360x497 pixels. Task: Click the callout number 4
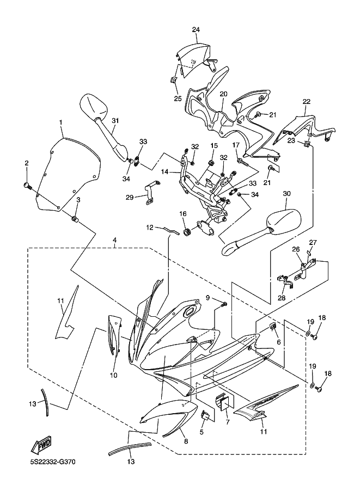(x=115, y=240)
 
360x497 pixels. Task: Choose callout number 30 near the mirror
(x=288, y=194)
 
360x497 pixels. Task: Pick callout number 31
(x=115, y=120)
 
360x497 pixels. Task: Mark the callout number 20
(x=223, y=94)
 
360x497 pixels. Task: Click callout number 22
(x=307, y=102)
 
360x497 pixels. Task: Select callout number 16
(x=184, y=214)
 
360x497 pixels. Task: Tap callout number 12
(x=150, y=227)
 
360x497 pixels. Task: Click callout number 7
(x=227, y=422)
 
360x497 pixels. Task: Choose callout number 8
(x=186, y=441)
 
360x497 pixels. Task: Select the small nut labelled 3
(x=76, y=219)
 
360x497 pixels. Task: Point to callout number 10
(x=114, y=375)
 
